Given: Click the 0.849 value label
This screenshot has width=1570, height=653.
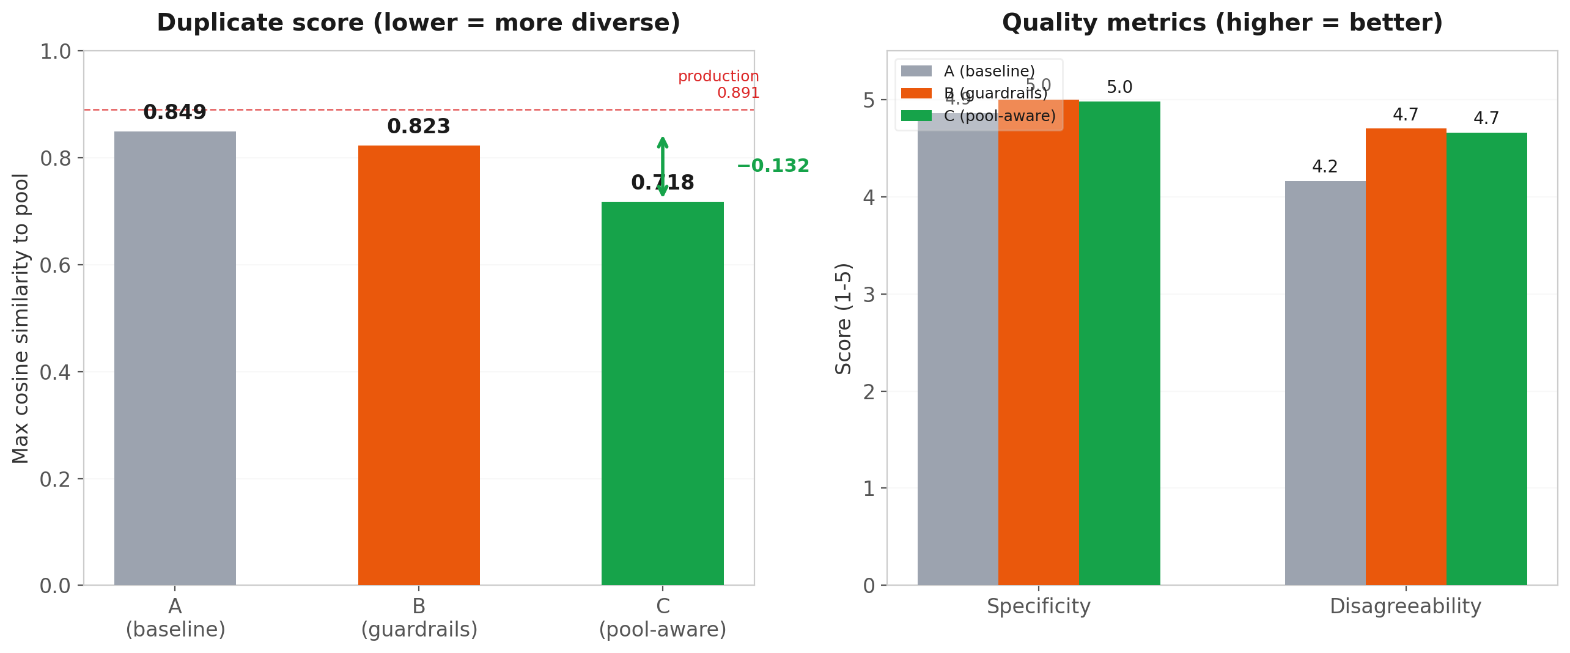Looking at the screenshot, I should (175, 113).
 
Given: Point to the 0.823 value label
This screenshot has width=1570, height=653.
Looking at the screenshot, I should (419, 127).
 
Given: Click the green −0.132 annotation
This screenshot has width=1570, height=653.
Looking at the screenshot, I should (773, 166).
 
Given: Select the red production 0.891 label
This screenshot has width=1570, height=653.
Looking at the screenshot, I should (719, 84).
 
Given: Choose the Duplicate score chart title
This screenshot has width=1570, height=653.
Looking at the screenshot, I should (419, 23).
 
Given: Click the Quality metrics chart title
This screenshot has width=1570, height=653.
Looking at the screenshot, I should (1222, 23).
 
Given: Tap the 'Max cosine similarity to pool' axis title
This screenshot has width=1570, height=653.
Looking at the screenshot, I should (21, 318).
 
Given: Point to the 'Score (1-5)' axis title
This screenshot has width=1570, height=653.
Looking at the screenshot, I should (844, 318).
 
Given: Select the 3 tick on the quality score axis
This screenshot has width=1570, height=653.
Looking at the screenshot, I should (869, 294).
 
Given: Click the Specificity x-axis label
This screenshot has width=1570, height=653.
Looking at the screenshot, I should (1038, 607).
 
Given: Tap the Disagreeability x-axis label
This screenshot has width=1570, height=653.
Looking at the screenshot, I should (1406, 607).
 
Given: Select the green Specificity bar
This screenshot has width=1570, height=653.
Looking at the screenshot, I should (1119, 343).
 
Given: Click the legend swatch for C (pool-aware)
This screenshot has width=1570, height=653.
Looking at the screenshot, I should (916, 116).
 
